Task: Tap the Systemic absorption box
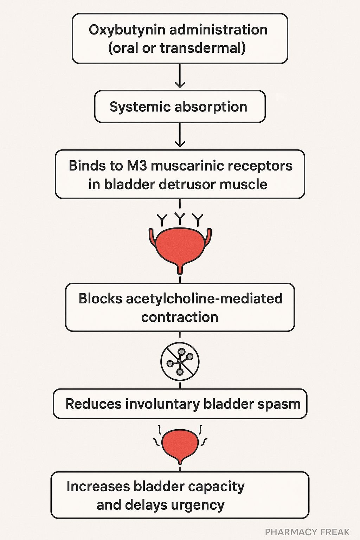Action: coord(180,107)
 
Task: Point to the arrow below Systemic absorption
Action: coord(180,136)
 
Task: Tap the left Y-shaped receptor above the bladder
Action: coord(162,220)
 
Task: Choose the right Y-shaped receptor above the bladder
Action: coord(199,220)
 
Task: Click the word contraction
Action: coord(180,317)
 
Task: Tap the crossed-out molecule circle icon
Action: coord(180,361)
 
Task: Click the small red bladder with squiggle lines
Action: coord(180,445)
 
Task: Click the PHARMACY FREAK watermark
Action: coord(307,532)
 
